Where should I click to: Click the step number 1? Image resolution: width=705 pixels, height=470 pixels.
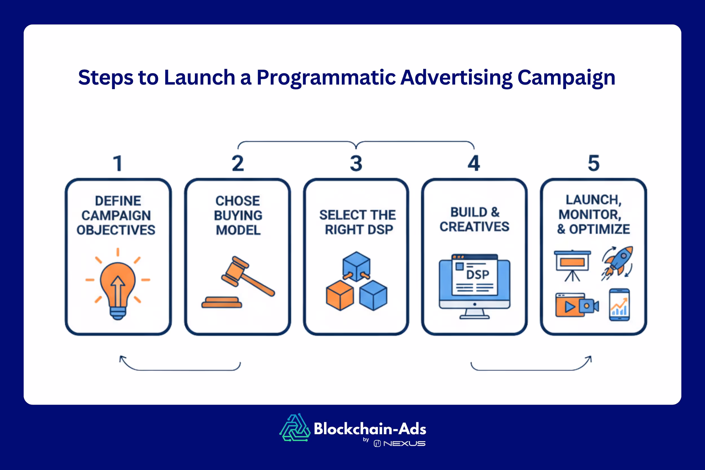tap(118, 164)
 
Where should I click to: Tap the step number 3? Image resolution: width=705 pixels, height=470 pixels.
tap(356, 164)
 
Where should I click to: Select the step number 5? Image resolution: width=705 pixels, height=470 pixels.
tap(594, 164)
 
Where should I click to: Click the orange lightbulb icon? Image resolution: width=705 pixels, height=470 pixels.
tap(118, 285)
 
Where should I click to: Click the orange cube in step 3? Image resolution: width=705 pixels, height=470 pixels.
tap(340, 295)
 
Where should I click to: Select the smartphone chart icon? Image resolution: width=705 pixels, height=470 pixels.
tap(619, 304)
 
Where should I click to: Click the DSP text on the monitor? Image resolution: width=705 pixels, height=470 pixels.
tap(477, 275)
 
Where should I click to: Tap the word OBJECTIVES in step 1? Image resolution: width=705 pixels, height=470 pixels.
tap(116, 230)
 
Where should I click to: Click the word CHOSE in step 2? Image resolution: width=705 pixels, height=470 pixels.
tap(238, 201)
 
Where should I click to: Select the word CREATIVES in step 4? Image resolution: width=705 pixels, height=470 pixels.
tap(474, 227)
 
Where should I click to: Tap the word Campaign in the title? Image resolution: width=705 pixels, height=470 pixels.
tap(566, 78)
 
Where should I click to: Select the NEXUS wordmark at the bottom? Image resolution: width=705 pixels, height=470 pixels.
tap(404, 443)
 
